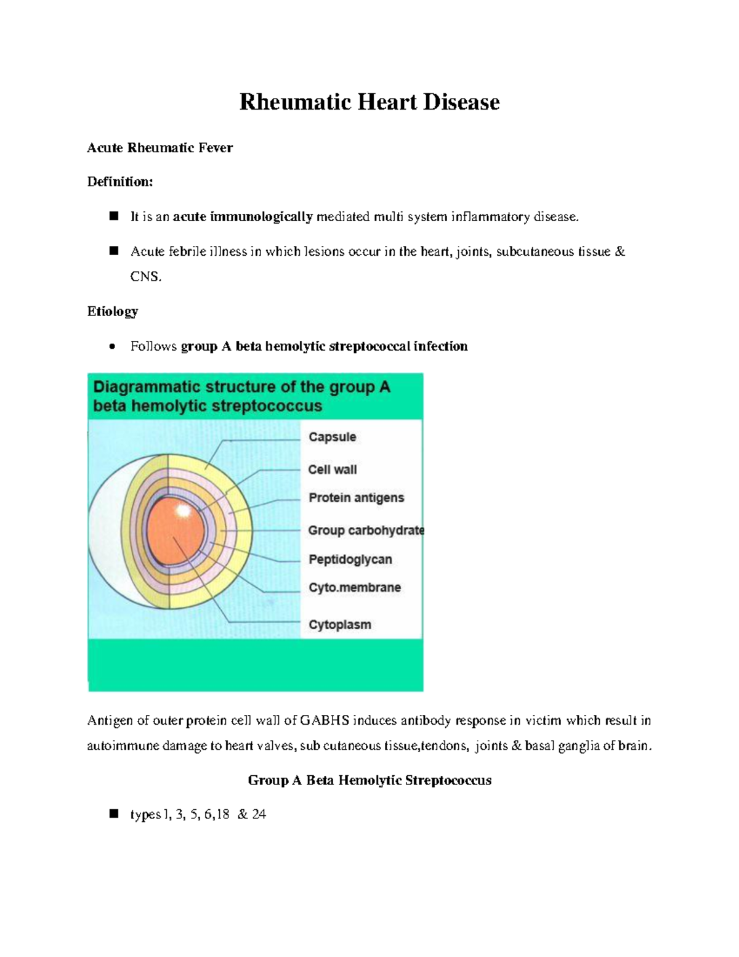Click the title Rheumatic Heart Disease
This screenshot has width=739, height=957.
[369, 102]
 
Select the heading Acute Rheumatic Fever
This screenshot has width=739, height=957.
[160, 148]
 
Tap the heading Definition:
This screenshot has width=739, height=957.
[119, 182]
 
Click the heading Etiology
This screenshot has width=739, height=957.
[112, 311]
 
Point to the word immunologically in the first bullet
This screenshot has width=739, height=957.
[261, 217]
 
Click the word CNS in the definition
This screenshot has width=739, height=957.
[145, 277]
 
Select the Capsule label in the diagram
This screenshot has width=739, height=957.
[332, 437]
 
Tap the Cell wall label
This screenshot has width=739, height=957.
[332, 470]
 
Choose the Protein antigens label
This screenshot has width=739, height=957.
[356, 498]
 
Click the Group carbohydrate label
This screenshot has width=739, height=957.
[366, 531]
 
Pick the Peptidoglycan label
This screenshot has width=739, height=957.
[350, 560]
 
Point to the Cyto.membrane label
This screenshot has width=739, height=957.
[354, 588]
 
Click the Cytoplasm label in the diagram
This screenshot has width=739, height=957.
[339, 625]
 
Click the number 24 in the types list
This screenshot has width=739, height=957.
[259, 815]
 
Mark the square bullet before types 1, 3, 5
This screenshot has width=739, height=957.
[113, 814]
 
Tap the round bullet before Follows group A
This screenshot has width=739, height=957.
[111, 347]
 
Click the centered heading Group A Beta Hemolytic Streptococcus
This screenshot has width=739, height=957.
[369, 781]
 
